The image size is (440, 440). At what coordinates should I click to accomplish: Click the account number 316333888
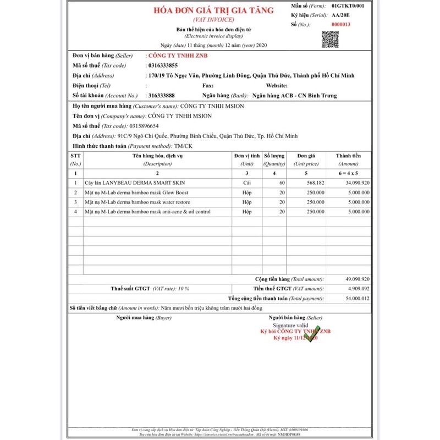pyautogui.click(x=166, y=95)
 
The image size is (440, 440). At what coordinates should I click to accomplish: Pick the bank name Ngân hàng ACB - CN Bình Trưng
pyautogui.click(x=291, y=95)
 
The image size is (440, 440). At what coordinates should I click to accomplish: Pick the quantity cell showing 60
pyautogui.click(x=282, y=182)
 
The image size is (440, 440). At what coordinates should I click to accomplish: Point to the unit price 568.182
pyautogui.click(x=314, y=182)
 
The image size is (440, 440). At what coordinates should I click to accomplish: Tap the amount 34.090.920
pyautogui.click(x=356, y=182)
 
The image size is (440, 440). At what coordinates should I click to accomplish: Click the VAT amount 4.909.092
pyautogui.click(x=358, y=288)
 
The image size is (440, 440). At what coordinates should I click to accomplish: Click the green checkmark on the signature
pyautogui.click(x=311, y=333)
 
